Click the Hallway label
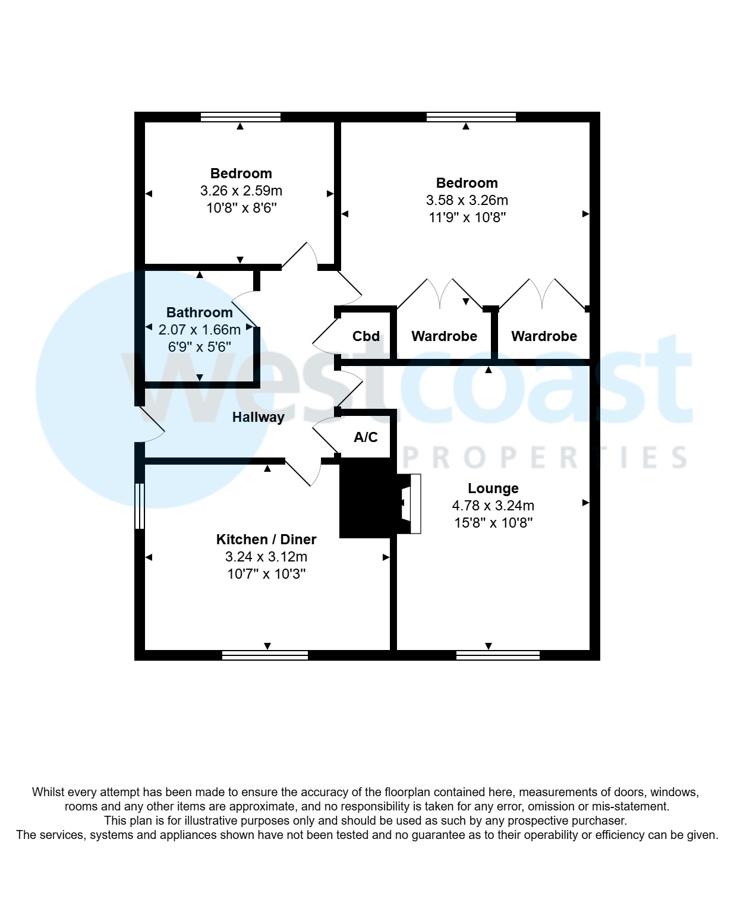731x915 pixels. pos(258,417)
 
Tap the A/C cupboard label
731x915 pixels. pos(366,437)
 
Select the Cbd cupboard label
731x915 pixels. pos(366,336)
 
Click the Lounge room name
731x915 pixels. pos(493,488)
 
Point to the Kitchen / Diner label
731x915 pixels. pos(266,539)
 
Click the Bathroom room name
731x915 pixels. pos(199,313)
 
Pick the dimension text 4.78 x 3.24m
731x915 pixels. pos(493,506)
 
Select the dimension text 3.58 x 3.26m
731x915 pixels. pos(467,200)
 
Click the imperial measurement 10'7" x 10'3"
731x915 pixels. pos(266,574)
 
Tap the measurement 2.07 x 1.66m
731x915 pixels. pos(199,330)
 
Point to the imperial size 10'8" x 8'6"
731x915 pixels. pos(241,208)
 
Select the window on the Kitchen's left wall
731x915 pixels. pos(140,506)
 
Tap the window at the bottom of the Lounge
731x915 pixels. pos(497,655)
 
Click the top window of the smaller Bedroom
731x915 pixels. pos(240,117)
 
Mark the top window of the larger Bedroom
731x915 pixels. pos(471,117)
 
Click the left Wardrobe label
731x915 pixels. pos(444,336)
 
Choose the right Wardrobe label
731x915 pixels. pos(544,336)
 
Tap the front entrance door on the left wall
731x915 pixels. pos(150,424)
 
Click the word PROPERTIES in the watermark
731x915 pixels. pos(544,457)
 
